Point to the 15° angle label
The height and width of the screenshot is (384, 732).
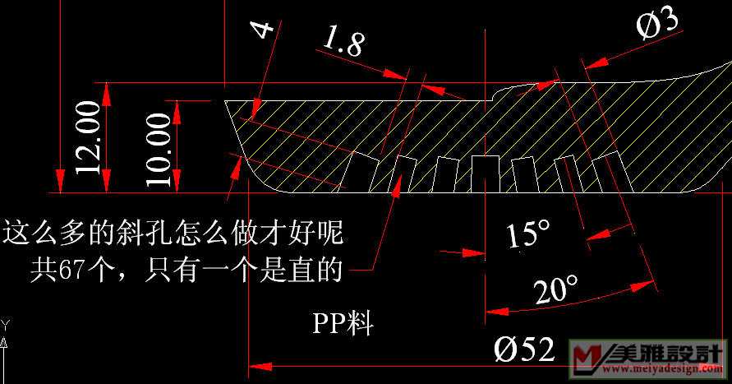[x=527, y=235]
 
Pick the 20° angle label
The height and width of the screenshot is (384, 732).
[x=556, y=289]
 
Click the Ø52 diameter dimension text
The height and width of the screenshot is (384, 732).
[x=523, y=349]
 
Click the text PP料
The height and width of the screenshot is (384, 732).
[x=342, y=323]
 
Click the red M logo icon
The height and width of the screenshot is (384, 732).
[x=588, y=359]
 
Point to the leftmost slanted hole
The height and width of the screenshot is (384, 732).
[x=357, y=171]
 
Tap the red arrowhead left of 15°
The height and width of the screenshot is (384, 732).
[x=472, y=252]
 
